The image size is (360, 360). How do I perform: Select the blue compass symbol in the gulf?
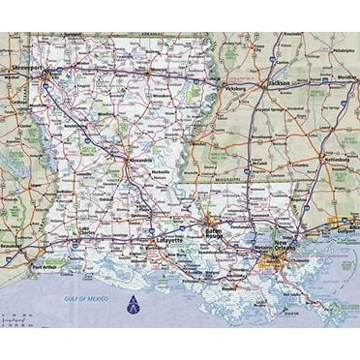(x=133, y=309)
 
